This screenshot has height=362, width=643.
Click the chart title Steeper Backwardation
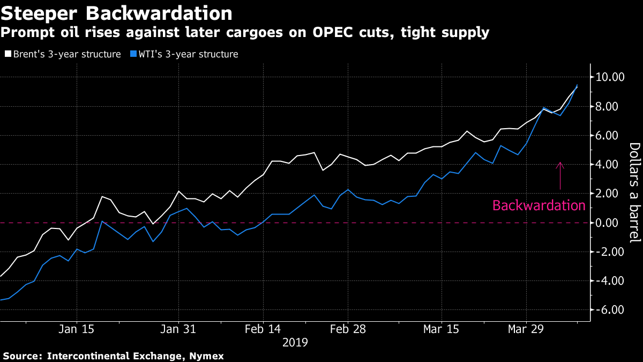coord(117,13)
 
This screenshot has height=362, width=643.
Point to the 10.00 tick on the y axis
coord(610,77)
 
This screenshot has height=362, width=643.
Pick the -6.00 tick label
coord(610,310)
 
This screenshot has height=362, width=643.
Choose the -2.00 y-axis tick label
coord(610,252)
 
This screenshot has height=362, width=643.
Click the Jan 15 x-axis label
coord(77,329)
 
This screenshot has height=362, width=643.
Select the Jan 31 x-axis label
coord(179,329)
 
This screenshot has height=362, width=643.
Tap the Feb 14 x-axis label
coord(263,329)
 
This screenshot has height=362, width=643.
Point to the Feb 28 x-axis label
coord(348,329)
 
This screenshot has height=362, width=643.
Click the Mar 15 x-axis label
coord(442,329)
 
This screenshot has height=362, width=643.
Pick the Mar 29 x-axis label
coord(526,329)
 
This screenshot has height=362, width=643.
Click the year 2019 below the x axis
coord(296,342)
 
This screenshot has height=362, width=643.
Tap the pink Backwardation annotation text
coord(539,205)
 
